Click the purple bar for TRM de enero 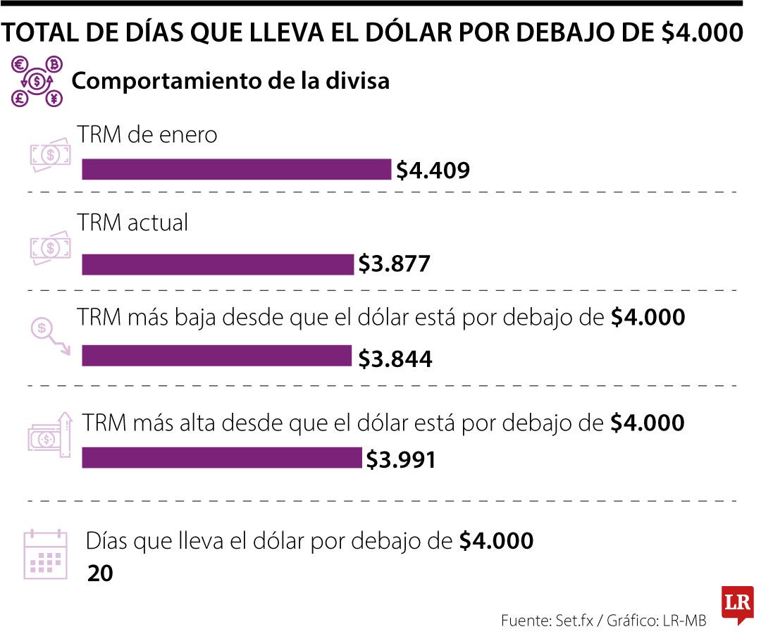click(x=236, y=170)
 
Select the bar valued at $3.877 click(x=218, y=264)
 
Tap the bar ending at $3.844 click(x=216, y=356)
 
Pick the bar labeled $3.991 click(x=221, y=458)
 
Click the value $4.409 click(x=433, y=170)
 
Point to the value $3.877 click(x=394, y=264)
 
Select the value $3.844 click(x=395, y=359)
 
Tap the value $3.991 click(x=400, y=460)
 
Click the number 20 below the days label click(x=100, y=573)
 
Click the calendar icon click(x=46, y=554)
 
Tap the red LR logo click(x=737, y=604)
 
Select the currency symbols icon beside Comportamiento click(x=37, y=82)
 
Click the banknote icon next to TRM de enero click(x=50, y=156)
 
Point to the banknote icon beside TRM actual click(x=50, y=247)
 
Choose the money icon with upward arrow click(x=50, y=435)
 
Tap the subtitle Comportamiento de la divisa click(x=230, y=81)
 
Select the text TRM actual click(x=133, y=223)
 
